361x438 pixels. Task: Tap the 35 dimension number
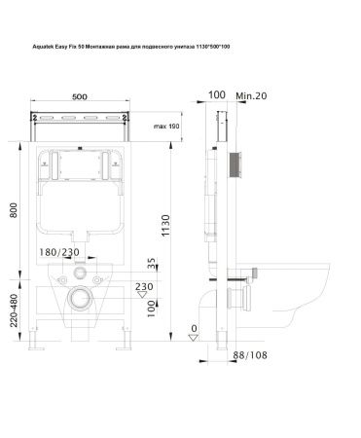[151, 264]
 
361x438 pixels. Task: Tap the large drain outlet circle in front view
[87, 297]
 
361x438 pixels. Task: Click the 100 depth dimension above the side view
[216, 95]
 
